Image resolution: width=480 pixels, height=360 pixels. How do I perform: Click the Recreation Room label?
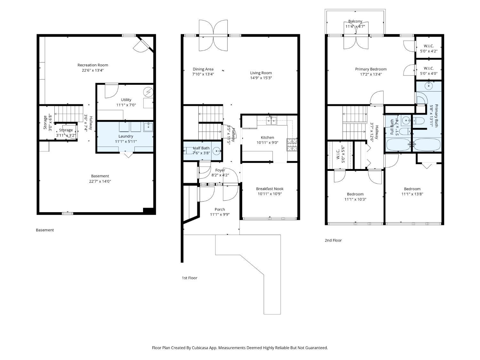point(93,65)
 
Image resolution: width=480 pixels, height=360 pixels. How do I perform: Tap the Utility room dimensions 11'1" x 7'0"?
point(126,105)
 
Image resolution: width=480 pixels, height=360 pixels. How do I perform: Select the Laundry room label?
point(126,136)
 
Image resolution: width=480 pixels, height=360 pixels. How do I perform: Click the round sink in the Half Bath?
point(217,151)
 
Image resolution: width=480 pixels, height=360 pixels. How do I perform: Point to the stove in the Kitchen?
point(292,145)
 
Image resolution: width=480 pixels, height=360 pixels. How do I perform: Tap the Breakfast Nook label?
point(270,188)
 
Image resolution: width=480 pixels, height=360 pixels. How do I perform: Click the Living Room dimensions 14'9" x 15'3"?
point(261,78)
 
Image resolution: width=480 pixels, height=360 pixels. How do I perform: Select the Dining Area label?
point(203,69)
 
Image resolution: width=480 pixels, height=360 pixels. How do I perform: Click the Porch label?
point(220,209)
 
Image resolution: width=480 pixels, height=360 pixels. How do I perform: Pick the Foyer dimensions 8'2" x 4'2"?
point(220,175)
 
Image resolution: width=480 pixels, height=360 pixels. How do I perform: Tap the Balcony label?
point(355,21)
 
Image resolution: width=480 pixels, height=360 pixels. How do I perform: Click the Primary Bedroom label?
point(371,69)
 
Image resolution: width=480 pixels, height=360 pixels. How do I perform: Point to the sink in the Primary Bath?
point(428,86)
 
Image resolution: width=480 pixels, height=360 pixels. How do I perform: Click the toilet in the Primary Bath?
point(419,121)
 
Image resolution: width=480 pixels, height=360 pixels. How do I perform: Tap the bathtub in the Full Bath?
point(398,145)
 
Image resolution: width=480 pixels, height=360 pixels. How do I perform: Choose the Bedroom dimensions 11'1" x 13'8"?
point(412,194)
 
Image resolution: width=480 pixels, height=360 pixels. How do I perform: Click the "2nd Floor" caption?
point(333,240)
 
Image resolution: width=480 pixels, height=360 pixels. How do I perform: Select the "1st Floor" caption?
point(189,278)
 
